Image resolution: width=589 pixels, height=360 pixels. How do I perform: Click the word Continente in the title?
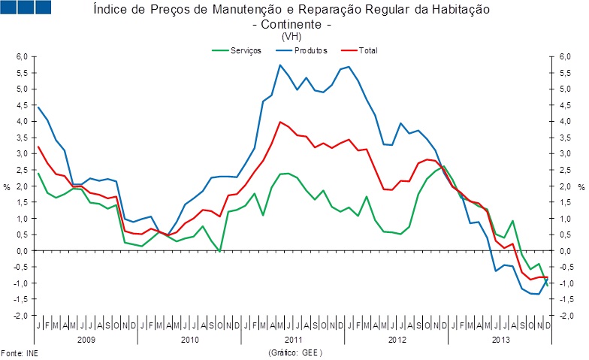coord(290,24)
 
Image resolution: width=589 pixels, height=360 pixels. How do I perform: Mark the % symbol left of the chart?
coord(8,186)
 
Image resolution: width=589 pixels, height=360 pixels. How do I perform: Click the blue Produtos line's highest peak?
coord(280,65)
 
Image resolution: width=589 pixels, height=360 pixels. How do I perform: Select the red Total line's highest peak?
coord(280,122)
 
